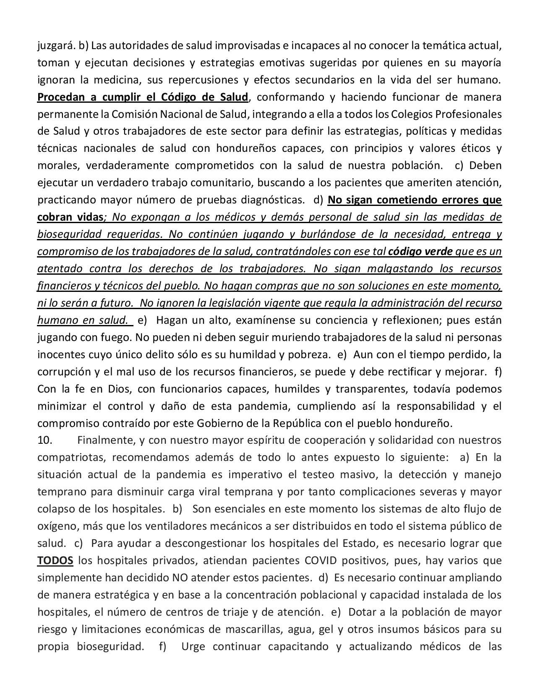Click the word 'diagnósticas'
coord(273,200)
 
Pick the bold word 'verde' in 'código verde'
coord(437,251)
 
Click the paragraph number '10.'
coord(45,440)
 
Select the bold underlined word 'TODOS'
coord(55,561)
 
